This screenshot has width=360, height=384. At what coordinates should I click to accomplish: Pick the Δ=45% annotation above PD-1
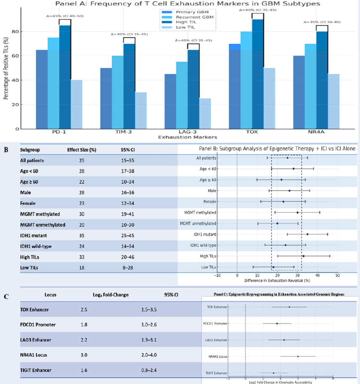(x=65, y=16)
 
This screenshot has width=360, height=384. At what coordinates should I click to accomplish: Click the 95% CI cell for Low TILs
(x=126, y=267)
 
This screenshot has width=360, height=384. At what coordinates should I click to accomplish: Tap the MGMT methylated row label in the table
(x=40, y=213)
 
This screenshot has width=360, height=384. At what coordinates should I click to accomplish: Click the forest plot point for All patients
(x=288, y=158)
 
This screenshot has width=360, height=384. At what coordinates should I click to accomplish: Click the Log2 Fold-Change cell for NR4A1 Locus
(x=83, y=355)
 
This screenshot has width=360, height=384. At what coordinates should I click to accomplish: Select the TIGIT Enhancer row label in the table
(x=37, y=370)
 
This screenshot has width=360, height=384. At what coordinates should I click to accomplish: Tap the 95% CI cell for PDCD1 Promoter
(x=149, y=325)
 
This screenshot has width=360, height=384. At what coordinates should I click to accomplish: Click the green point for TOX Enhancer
(x=289, y=307)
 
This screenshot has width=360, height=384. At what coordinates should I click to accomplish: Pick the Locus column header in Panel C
(x=51, y=295)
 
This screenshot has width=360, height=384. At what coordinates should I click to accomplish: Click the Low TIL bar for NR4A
(x=333, y=101)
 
